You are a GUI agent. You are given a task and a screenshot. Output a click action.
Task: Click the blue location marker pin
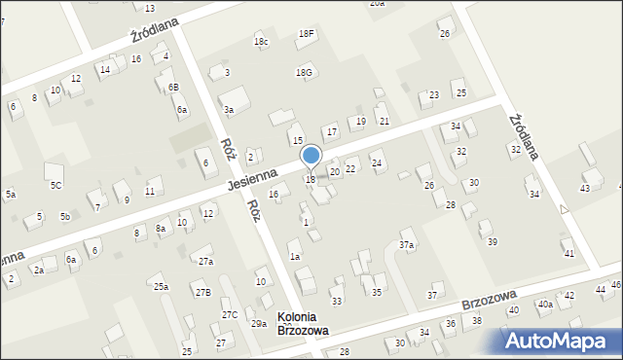[311, 157]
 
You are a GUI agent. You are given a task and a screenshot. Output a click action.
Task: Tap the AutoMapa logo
[561, 341]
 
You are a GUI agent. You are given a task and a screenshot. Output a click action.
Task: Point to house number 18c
[261, 42]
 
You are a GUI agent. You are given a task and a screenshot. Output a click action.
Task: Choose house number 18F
[307, 34]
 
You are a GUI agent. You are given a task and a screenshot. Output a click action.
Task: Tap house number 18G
[306, 72]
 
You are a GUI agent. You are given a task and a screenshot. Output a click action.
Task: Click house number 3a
[229, 110]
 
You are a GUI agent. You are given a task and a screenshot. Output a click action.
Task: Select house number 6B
[173, 88]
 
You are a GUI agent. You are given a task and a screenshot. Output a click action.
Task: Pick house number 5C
[56, 185]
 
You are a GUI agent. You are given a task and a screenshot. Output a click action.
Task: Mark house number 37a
[408, 245]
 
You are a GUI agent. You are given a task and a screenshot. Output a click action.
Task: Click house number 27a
[204, 262]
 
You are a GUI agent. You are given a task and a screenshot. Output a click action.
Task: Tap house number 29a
[259, 324]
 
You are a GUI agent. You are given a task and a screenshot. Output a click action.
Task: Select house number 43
[585, 188]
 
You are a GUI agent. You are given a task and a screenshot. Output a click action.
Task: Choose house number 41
[568, 254]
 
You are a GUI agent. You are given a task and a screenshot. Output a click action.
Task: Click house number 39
[493, 241]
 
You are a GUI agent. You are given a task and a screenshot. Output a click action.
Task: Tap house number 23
[434, 95]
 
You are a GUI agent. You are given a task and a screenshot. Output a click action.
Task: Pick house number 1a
[294, 257]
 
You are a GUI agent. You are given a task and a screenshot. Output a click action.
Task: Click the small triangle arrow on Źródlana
[564, 208]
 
